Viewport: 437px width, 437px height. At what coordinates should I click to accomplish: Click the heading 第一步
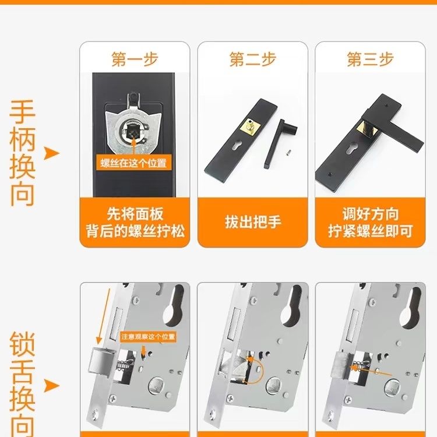[135, 59]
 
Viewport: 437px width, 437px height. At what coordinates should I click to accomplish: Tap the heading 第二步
[253, 59]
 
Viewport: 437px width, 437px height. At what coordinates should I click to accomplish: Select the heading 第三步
[371, 59]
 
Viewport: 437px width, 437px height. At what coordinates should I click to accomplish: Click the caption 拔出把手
[253, 223]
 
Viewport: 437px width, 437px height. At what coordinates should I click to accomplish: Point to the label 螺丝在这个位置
[133, 163]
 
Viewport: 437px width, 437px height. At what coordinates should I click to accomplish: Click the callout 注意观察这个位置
[148, 337]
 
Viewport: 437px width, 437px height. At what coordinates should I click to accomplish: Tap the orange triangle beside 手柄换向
[51, 153]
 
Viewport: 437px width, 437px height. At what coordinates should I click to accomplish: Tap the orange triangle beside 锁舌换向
[51, 386]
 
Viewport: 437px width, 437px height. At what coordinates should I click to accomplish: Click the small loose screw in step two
[289, 153]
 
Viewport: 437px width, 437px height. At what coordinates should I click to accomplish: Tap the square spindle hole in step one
[132, 131]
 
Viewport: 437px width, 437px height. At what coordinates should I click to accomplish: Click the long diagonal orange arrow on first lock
[103, 316]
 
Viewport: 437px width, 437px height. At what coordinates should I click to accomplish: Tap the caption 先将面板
[135, 214]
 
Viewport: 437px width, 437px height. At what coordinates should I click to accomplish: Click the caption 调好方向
[371, 214]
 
